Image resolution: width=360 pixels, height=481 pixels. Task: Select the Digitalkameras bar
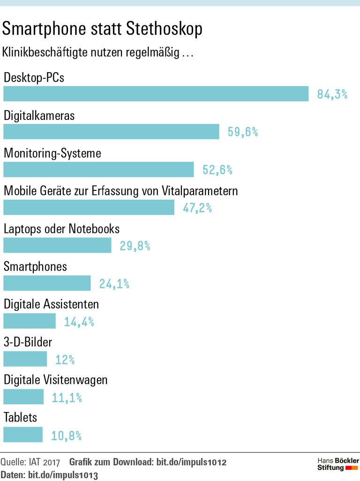coord(111,132)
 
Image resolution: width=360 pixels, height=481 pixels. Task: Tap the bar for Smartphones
coord(47,283)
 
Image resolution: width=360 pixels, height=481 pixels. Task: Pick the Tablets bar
coord(23,434)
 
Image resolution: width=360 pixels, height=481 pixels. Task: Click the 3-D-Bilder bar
coord(25,359)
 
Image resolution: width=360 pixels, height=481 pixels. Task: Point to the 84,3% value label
coord(332,94)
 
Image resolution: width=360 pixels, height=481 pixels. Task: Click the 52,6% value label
coord(217,170)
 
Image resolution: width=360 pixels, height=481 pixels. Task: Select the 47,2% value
coord(197,208)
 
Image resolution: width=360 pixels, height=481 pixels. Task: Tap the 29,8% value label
coord(135,246)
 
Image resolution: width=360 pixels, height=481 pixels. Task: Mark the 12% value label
coord(65,360)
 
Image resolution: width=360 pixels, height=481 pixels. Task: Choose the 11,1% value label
coord(67,398)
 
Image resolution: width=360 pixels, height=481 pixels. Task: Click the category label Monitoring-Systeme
coord(52,153)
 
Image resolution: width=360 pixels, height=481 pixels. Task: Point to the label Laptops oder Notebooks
coord(61,229)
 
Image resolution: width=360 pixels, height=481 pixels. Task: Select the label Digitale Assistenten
coord(51,304)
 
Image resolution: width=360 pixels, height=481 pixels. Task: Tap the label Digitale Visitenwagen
coord(55,380)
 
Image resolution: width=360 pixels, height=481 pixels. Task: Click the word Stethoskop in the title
coord(164,29)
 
